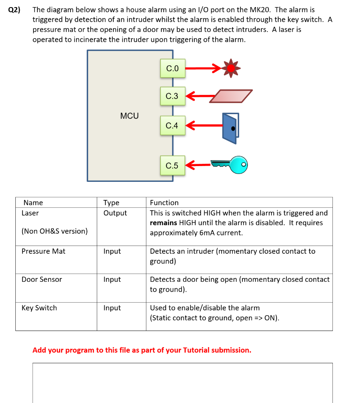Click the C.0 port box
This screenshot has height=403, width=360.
[172, 68]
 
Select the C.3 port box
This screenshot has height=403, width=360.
[172, 96]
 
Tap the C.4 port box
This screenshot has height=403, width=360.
[172, 126]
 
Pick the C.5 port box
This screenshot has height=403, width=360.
[172, 166]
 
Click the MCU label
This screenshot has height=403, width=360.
[129, 116]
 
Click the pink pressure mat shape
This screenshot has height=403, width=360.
[230, 96]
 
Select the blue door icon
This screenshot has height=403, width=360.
[230, 128]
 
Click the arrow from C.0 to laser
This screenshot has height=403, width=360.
[203, 68]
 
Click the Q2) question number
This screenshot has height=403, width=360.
[14, 10]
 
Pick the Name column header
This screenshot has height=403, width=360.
[33, 203]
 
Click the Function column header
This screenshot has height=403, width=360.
[164, 203]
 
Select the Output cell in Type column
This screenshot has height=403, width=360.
[115, 213]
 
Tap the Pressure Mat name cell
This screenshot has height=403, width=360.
[43, 251]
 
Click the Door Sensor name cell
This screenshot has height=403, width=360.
[42, 279]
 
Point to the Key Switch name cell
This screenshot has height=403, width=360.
[39, 308]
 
